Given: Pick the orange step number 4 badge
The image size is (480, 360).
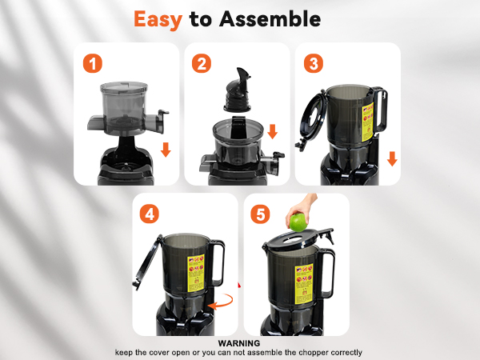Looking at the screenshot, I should pos(150,214).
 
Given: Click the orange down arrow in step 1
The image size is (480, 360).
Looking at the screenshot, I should pos(166,150).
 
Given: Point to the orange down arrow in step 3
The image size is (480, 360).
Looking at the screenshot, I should pos(392,158).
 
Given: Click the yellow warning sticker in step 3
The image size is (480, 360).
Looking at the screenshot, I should pos(365,128).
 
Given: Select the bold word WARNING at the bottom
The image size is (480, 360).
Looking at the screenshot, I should pos(239,343).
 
